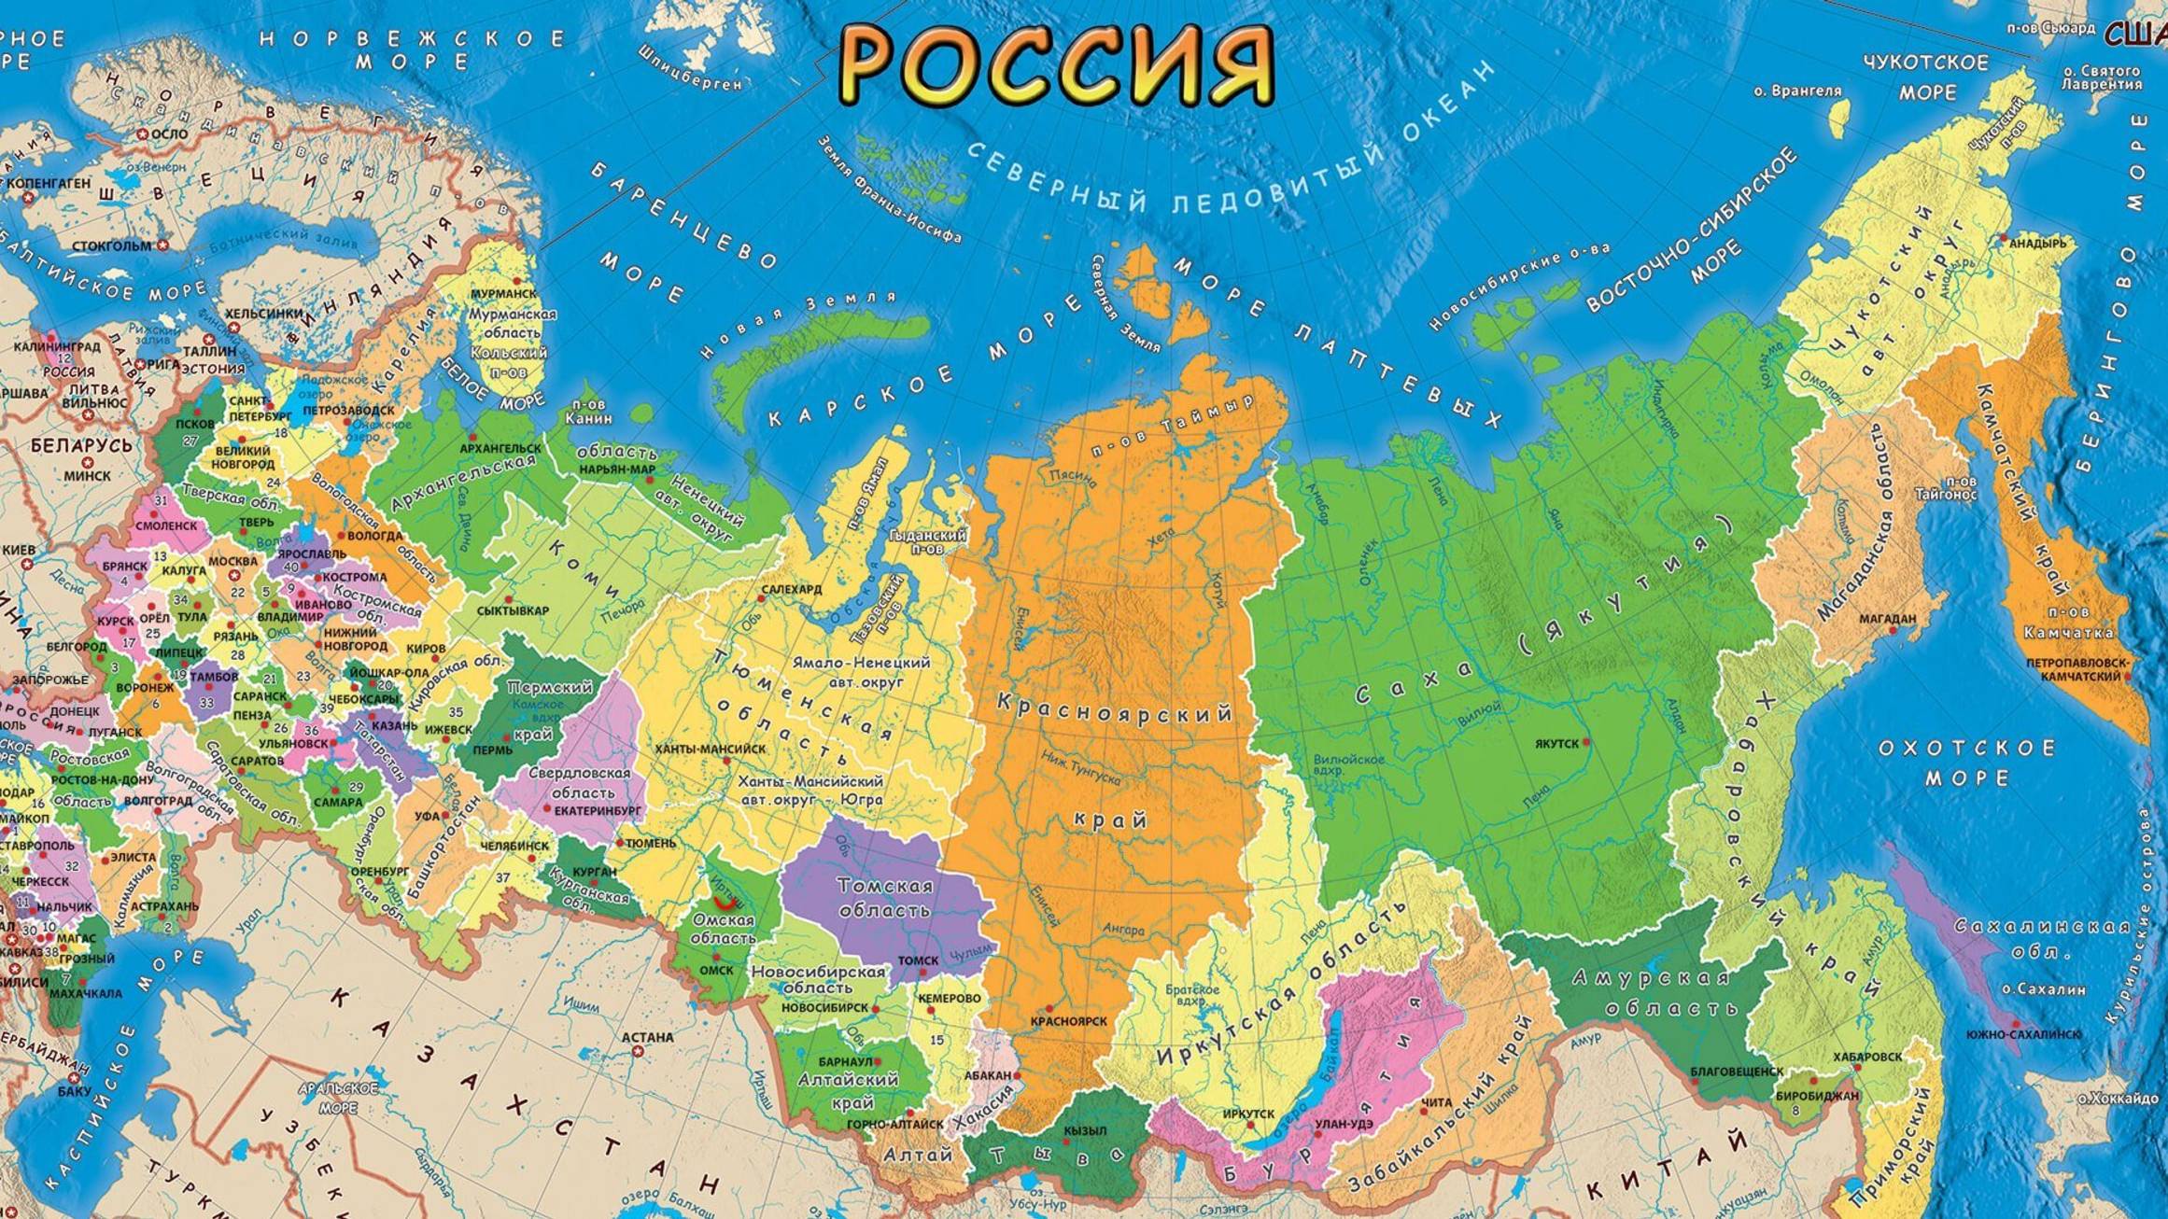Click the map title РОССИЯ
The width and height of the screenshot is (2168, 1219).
pyautogui.click(x=1056, y=63)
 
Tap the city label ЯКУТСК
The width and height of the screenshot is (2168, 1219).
pyautogui.click(x=1556, y=743)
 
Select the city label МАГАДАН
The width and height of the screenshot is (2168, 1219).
pyautogui.click(x=1887, y=618)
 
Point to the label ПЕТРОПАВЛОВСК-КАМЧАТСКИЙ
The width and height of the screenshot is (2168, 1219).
pyautogui.click(x=2078, y=668)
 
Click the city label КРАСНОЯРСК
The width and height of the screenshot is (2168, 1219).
pyautogui.click(x=1068, y=1021)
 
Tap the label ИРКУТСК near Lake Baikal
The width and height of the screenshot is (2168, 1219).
pyautogui.click(x=1248, y=1114)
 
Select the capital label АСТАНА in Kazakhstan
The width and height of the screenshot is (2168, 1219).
pyautogui.click(x=647, y=1037)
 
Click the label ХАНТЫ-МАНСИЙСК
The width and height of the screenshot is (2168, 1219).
pyautogui.click(x=710, y=749)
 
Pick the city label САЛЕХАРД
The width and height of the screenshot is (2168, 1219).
pyautogui.click(x=792, y=589)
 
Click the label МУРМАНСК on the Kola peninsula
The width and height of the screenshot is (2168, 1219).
pyautogui.click(x=504, y=293)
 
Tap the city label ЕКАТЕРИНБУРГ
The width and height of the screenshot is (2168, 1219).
pyautogui.click(x=598, y=811)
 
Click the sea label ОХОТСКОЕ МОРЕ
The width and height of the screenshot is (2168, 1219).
pyautogui.click(x=1966, y=763)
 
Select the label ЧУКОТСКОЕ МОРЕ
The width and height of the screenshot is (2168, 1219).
pyautogui.click(x=1926, y=77)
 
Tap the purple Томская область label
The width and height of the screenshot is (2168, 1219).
pyautogui.click(x=884, y=896)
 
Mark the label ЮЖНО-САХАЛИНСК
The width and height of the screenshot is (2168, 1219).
pyautogui.click(x=2023, y=1033)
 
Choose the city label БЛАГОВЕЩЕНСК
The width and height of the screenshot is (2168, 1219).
pyautogui.click(x=1737, y=1072)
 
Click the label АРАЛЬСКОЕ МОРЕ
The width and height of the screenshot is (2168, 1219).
pyautogui.click(x=338, y=1098)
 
